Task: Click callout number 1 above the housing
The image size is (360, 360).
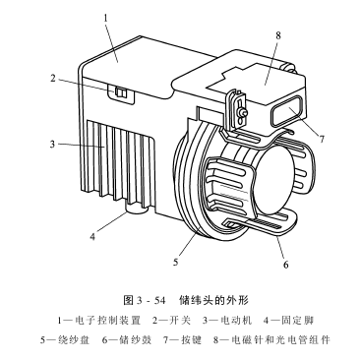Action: point(105,18)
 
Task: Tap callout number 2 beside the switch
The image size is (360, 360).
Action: point(53,79)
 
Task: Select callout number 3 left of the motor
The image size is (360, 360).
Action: point(52,144)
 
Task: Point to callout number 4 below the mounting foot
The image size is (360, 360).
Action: point(92,236)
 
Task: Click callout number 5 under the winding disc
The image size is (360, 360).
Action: point(176,262)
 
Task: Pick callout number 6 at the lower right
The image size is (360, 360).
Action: point(285,265)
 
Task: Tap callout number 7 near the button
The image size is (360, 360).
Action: point(322,140)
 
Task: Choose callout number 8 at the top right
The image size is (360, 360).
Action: point(278,35)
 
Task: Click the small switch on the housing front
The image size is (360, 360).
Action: point(121,92)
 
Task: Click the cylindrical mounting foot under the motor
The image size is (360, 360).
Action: point(138,210)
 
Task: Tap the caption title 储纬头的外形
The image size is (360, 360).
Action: point(213,300)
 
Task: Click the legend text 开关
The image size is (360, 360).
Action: point(180,321)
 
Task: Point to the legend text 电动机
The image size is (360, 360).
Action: point(236,321)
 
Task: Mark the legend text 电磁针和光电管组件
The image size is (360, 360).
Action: point(280,340)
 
